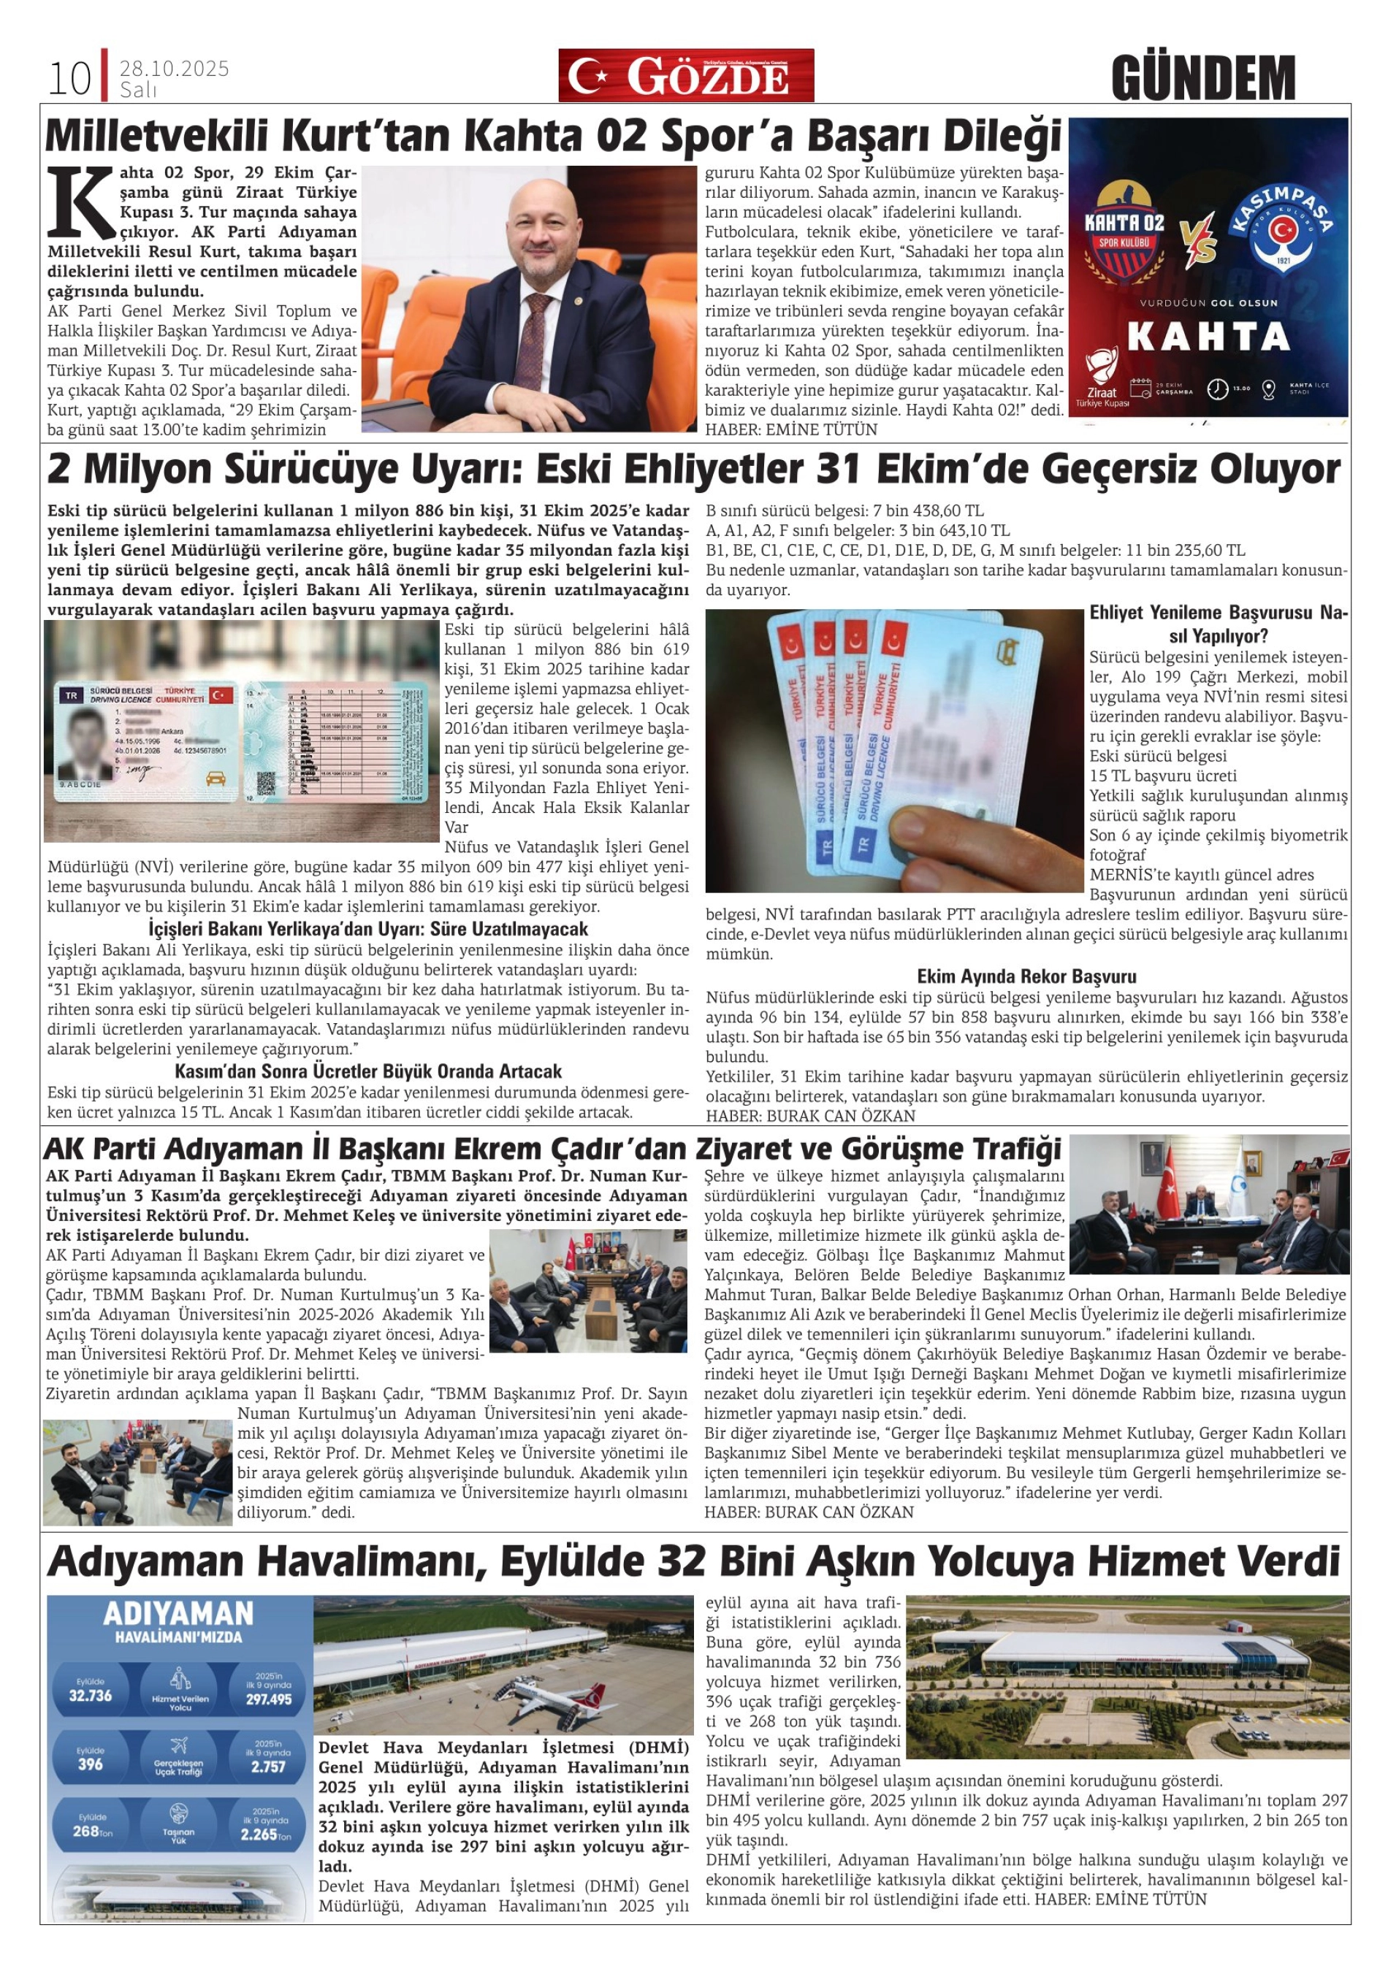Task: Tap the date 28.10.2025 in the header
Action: pos(175,69)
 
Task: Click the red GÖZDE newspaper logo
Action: pos(686,76)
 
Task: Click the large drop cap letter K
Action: pos(81,202)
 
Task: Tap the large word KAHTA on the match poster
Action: pos(1208,337)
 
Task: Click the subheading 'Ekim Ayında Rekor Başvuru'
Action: pos(1026,976)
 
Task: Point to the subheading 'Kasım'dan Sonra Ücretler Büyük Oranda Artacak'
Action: pos(369,1071)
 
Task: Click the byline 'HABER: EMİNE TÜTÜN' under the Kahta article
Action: pos(791,430)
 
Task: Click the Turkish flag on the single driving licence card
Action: pos(221,694)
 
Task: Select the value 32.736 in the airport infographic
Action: pos(90,1696)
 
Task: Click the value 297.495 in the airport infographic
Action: pos(269,1699)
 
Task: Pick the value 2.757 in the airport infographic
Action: pos(267,1767)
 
